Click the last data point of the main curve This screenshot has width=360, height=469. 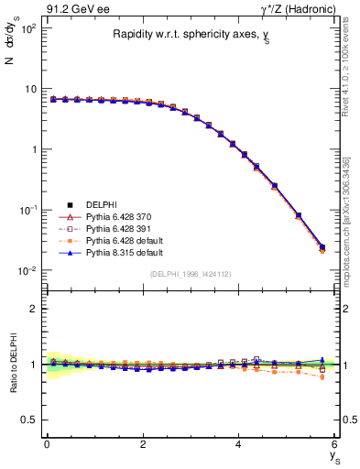pos(322,247)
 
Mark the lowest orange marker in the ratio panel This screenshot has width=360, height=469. pos(322,376)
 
